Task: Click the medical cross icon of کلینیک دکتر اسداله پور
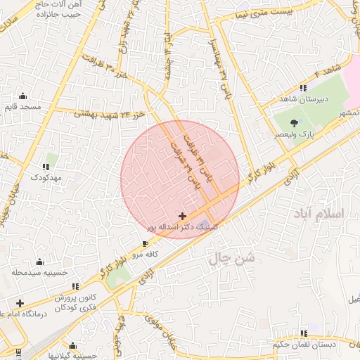pyautogui.click(x=183, y=216)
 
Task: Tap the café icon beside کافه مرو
pyautogui.click(x=146, y=243)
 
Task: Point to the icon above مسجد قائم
pyautogui.click(x=23, y=96)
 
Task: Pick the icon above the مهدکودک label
pyautogui.click(x=46, y=167)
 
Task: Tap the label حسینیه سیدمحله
pyautogui.click(x=39, y=271)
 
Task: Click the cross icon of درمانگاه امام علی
pyautogui.click(x=20, y=304)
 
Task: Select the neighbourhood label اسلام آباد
pyautogui.click(x=323, y=212)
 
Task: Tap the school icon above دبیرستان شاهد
pyautogui.click(x=303, y=89)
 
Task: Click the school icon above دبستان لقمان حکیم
pyautogui.click(x=304, y=333)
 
